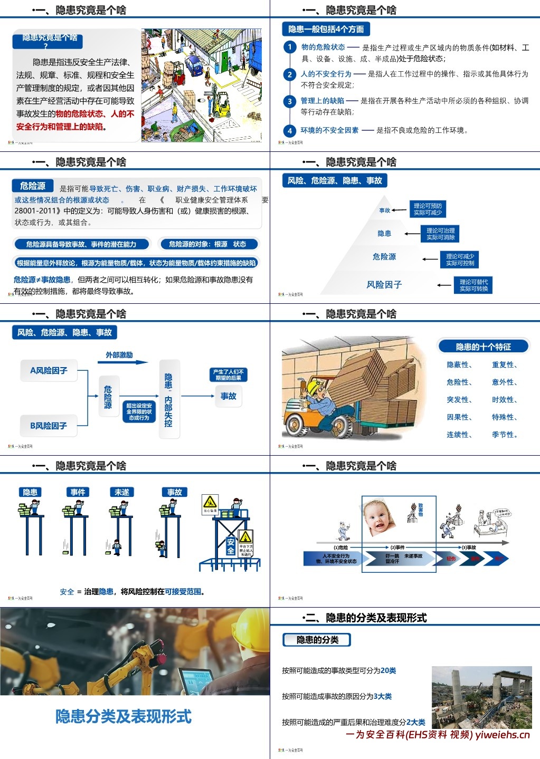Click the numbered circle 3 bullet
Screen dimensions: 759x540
coord(289,101)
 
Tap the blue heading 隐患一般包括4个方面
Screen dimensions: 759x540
coord(326,29)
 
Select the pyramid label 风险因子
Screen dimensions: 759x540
coord(384,285)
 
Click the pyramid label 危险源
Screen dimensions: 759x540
coord(384,257)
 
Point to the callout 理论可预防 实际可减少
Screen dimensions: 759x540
coord(428,209)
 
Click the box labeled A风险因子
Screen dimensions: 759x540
coord(49,370)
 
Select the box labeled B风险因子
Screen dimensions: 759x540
coord(48,426)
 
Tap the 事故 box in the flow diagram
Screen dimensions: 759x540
coord(228,396)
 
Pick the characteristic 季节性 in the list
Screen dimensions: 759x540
coord(504,435)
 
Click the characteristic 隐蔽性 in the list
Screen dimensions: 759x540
coord(458,364)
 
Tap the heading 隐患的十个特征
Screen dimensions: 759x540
coord(483,347)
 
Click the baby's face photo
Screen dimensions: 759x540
coord(380,517)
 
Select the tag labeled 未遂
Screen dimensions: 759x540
coord(121,492)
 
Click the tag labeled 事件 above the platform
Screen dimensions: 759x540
coord(78,492)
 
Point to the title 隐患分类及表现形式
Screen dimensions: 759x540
coord(124,716)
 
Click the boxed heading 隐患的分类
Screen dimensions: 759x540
coord(317,640)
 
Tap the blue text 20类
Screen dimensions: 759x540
coord(388,670)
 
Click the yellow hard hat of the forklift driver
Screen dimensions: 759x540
coord(316,388)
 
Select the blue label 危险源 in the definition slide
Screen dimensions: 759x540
coord(33,186)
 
